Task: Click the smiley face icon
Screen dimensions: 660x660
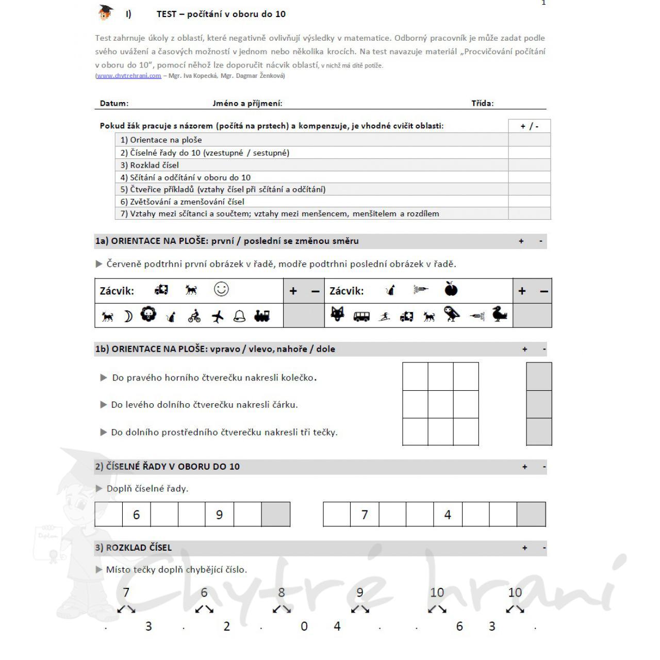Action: point(221,289)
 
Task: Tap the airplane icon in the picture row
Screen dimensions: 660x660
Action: point(218,316)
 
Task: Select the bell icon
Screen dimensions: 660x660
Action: point(239,316)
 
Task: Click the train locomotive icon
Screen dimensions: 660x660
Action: point(262,316)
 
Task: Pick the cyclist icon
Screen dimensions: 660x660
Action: point(194,316)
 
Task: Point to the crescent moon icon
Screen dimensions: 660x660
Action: point(128,316)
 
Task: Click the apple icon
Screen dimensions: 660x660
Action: point(451,289)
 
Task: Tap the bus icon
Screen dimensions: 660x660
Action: point(361,316)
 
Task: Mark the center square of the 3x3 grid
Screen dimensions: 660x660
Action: point(441,404)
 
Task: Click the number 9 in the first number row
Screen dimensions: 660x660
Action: point(219,515)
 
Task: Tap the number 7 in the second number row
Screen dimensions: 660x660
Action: point(365,515)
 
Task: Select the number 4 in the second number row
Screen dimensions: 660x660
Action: point(448,515)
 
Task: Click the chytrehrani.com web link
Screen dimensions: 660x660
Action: point(129,76)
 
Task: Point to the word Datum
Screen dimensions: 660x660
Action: point(114,103)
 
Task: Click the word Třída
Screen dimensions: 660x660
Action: point(482,103)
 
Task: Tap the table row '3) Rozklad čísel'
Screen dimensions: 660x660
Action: point(311,165)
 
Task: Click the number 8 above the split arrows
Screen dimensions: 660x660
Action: point(282,592)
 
